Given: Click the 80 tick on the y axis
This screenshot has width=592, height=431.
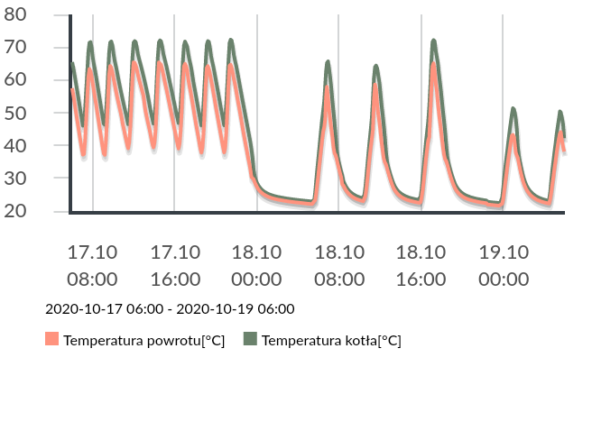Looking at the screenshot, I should coord(40,15).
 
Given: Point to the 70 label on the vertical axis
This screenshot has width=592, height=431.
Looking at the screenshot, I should coord(40,48).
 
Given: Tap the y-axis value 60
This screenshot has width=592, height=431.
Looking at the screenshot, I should coord(40,80).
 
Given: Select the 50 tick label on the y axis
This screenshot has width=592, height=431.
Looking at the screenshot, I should coord(40,114).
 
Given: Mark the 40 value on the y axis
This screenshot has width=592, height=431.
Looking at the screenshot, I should coord(40,146).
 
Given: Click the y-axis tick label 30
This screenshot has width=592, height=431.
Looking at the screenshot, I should coord(40,179).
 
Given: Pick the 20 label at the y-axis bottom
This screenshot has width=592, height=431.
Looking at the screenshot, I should coord(40,211).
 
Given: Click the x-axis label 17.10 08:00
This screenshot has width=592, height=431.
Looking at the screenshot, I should coord(93,265).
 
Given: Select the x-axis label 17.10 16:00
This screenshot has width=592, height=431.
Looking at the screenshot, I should coord(175,265).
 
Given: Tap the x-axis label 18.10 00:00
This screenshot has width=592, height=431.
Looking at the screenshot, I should coord(256,265).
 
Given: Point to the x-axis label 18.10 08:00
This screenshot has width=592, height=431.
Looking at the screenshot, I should coord(339,265).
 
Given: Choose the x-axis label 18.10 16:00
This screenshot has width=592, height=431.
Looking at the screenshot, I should coord(421,265).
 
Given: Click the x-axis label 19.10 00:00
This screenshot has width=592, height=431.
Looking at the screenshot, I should coord(504,265).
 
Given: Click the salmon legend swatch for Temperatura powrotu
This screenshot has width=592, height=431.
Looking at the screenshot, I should coord(51,340).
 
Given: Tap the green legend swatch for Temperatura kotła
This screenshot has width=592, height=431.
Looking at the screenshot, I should coord(250,340).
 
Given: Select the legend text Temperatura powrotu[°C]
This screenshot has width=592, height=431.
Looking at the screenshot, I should coord(144,341).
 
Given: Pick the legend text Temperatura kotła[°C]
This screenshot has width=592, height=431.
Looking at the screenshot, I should coord(331,341).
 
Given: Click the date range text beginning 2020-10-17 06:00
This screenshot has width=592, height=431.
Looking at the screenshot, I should coord(170,308).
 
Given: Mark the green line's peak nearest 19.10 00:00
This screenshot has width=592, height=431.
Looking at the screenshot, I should coord(513,108).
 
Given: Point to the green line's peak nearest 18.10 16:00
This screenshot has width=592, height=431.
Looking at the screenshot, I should coord(434,41).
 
